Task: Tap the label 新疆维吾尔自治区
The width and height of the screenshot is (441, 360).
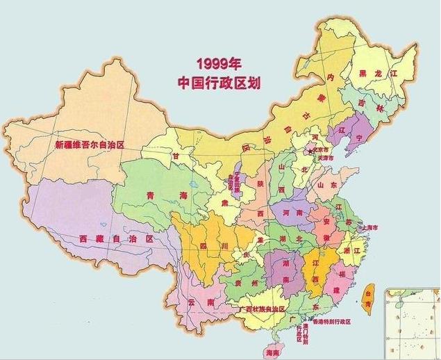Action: coord(89,146)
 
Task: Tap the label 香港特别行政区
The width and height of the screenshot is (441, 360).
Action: coord(327,322)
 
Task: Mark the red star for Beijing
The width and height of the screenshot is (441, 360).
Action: coord(311,150)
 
